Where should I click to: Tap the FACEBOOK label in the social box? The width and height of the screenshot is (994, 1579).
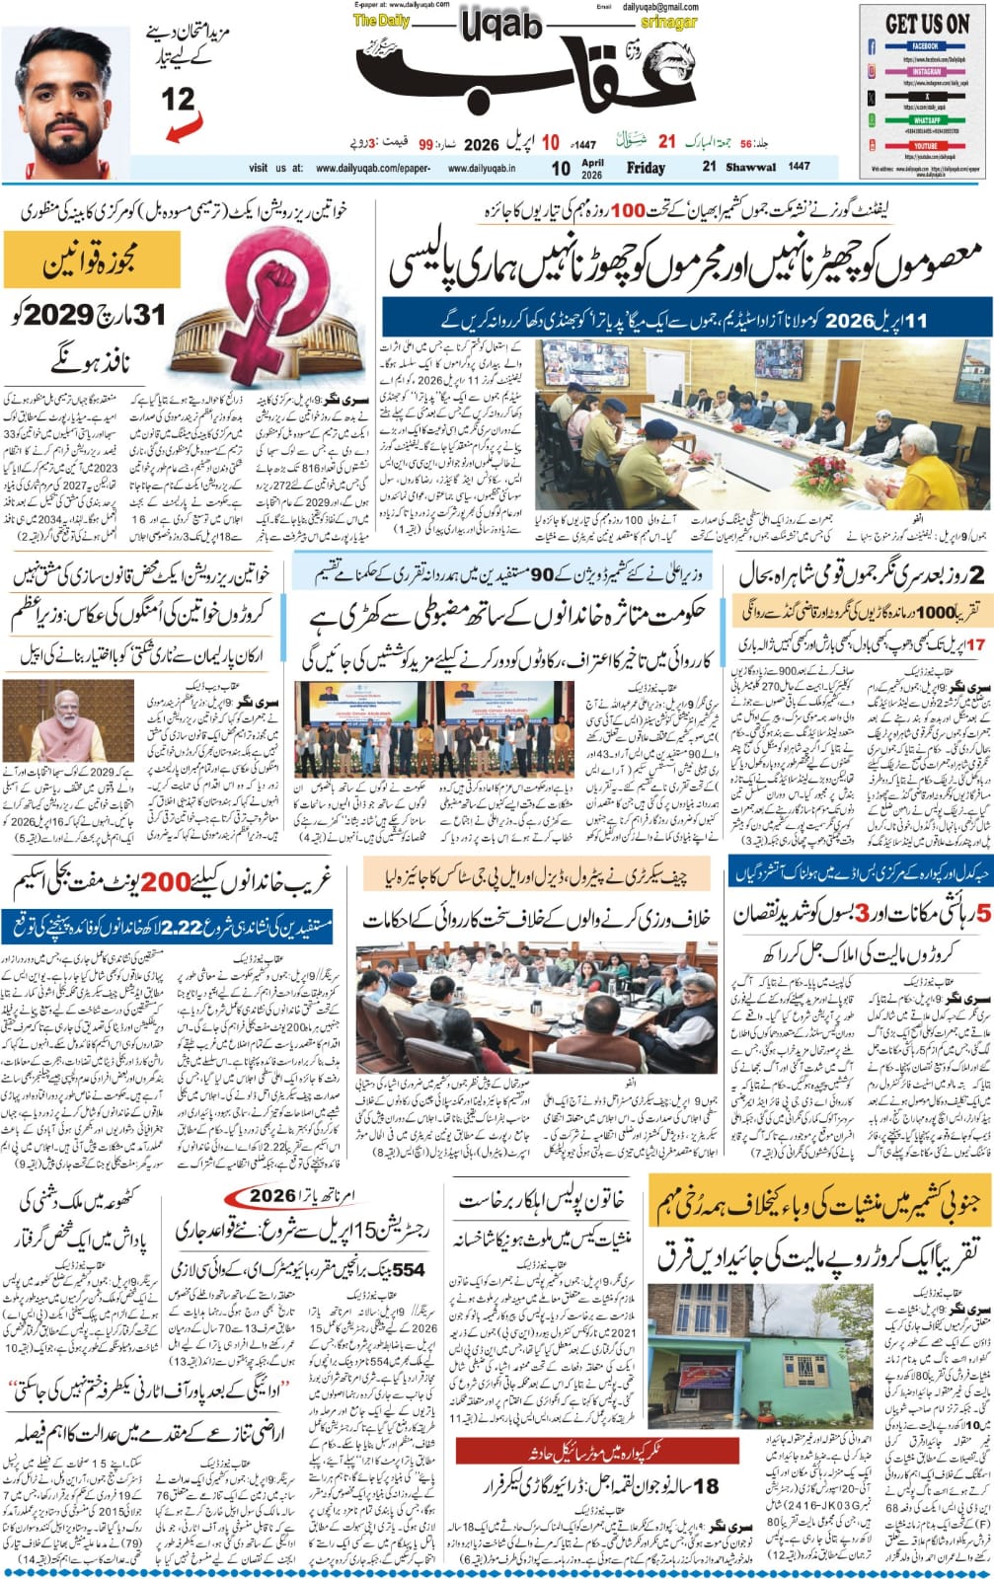tap(925, 46)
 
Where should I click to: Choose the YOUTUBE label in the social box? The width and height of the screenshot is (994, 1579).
tap(925, 145)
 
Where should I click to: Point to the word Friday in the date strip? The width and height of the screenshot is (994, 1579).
tap(646, 169)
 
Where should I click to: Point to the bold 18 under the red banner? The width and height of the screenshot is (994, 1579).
tap(709, 1486)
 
